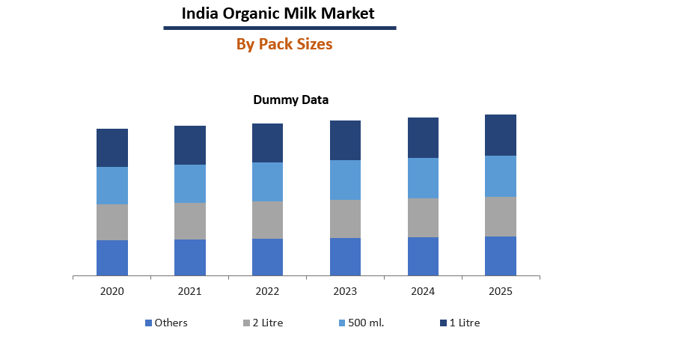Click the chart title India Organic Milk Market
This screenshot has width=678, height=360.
pyautogui.click(x=278, y=13)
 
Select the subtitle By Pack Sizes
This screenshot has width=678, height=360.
pyautogui.click(x=284, y=44)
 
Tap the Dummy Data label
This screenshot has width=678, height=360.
pyautogui.click(x=290, y=100)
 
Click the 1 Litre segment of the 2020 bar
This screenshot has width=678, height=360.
pyautogui.click(x=112, y=147)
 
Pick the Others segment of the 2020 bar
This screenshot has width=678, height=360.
pyautogui.click(x=112, y=257)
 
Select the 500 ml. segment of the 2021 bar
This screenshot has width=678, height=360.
pyautogui.click(x=190, y=183)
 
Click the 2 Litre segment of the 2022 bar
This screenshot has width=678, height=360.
pyautogui.click(x=267, y=219)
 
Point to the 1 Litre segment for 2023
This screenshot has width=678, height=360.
pyautogui.click(x=345, y=140)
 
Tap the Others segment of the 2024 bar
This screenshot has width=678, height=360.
pyautogui.click(x=423, y=256)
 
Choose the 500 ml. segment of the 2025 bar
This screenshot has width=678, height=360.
pyautogui.click(x=501, y=176)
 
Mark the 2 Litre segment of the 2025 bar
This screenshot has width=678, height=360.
pyautogui.click(x=501, y=216)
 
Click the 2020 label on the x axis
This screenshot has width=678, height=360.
pyautogui.click(x=112, y=291)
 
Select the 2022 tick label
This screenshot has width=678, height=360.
pyautogui.click(x=267, y=291)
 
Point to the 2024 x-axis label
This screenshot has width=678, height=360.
pyautogui.click(x=423, y=291)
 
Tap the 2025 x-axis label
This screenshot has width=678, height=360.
pyautogui.click(x=501, y=291)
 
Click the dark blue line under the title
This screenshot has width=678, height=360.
pyautogui.click(x=280, y=28)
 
